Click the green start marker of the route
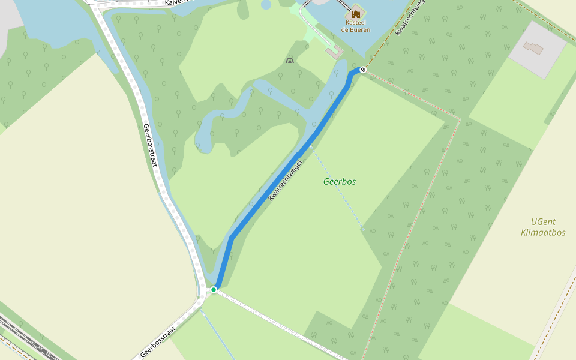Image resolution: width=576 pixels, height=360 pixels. click(x=214, y=290)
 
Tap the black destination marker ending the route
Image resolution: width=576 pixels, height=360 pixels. click(x=363, y=70)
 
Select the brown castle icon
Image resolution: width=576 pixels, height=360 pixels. click(x=356, y=14)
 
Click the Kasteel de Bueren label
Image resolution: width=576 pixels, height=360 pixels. click(x=356, y=26)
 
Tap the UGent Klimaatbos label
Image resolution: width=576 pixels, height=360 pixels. click(x=543, y=227)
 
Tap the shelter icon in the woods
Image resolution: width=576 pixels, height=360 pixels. click(x=290, y=61)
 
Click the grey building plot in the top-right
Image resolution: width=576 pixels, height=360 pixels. click(x=537, y=50)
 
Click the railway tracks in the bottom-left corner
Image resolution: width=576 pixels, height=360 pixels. click(x=24, y=339)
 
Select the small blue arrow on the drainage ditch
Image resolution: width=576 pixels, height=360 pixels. click(x=203, y=313)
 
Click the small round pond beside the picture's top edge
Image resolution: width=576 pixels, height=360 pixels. click(x=266, y=4)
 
